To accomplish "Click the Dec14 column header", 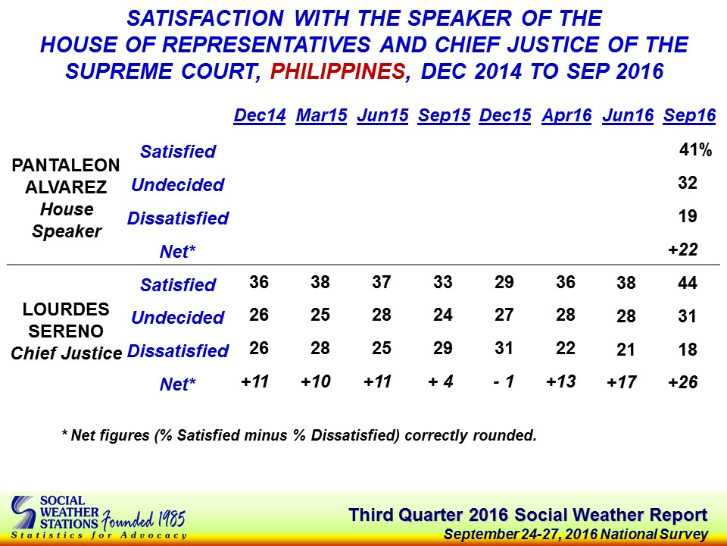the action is [260, 115].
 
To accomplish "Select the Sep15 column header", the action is [445, 115].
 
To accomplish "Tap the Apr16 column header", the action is [566, 115].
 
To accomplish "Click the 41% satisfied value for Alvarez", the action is [695, 150].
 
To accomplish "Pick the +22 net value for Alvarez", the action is [683, 249].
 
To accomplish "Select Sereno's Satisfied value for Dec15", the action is [504, 282].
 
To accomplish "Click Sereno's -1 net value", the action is [504, 381].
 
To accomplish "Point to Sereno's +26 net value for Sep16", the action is [683, 382].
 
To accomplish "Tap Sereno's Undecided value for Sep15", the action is [443, 315].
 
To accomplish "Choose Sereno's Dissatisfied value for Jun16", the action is [626, 349].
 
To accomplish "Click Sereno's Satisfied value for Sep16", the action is [687, 283].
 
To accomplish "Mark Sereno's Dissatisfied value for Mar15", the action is [320, 348].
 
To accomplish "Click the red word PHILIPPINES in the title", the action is [338, 71].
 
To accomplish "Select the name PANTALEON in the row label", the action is [66, 165].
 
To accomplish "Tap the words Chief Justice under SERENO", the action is [67, 353].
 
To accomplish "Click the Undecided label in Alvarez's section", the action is [177, 185].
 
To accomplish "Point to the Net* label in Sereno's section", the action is [177, 384].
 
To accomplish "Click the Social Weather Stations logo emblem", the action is [23, 513].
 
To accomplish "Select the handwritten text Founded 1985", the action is [144, 519].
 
